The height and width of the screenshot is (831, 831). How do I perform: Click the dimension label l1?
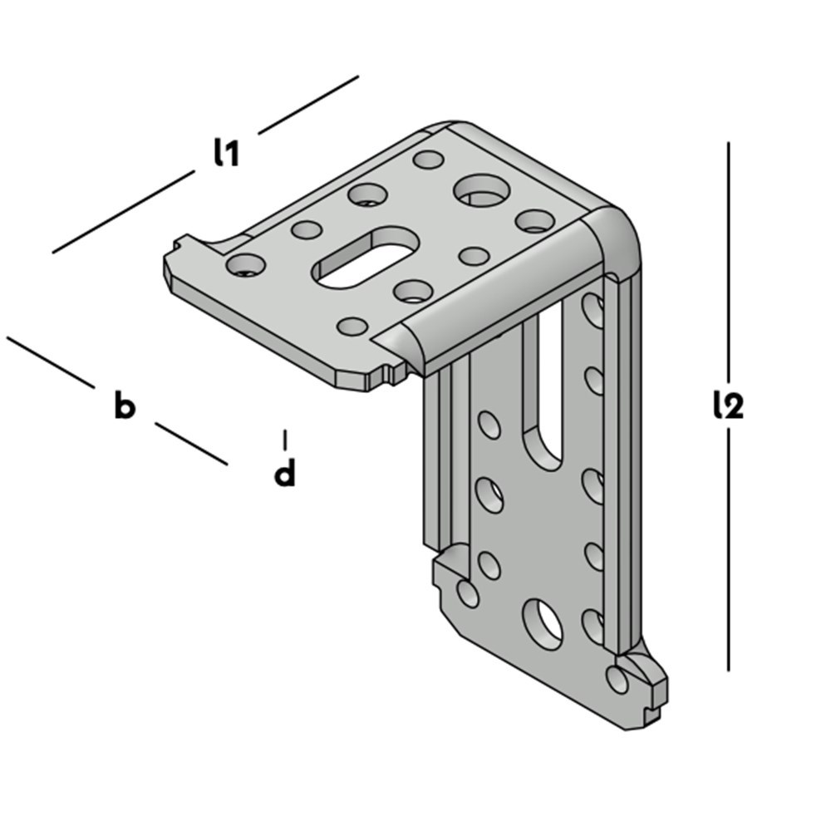pos(226,153)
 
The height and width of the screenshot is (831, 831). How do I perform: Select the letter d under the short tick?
pos(284,472)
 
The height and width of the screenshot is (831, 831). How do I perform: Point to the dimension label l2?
pos(728,406)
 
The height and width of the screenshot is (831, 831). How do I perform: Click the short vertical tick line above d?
pos(285,440)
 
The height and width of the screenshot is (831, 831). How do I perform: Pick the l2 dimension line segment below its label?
pos(728,549)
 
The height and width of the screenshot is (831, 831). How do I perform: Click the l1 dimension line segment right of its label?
pos(308,105)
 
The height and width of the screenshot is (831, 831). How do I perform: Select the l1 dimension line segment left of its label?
pos(124,211)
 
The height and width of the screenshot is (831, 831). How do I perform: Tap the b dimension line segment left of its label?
pos(51,362)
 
